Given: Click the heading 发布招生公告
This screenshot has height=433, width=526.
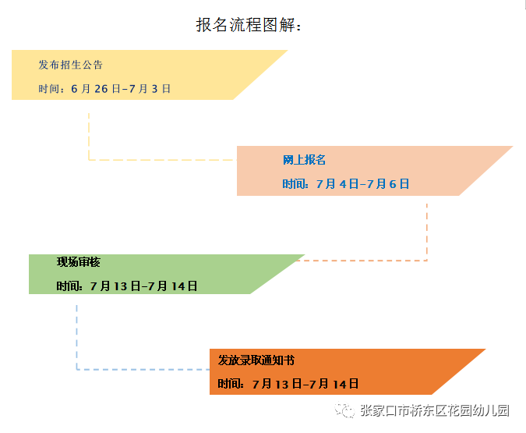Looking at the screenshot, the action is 70,65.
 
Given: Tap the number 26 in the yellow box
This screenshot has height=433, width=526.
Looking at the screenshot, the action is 101,89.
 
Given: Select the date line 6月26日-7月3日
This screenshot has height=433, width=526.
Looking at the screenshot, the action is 121,89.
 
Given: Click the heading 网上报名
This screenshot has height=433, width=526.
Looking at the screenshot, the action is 304,160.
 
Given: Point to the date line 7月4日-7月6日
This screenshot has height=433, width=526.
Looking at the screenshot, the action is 362,184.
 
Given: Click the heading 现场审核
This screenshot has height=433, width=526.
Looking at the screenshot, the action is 79,262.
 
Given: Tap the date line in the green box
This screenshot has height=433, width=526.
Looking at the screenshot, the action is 126,286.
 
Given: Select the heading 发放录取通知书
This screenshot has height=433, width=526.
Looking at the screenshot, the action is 256,360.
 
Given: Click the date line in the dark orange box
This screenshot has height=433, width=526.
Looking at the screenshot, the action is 288,384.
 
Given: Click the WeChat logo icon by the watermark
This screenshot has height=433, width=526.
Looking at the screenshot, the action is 344,410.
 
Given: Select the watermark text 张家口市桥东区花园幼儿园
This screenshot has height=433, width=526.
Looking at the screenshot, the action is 435,410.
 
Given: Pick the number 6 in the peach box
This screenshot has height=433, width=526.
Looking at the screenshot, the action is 393,184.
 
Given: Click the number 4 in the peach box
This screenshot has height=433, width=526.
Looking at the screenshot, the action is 343,184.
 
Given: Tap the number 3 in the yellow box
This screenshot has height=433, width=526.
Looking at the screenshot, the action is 154,89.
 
